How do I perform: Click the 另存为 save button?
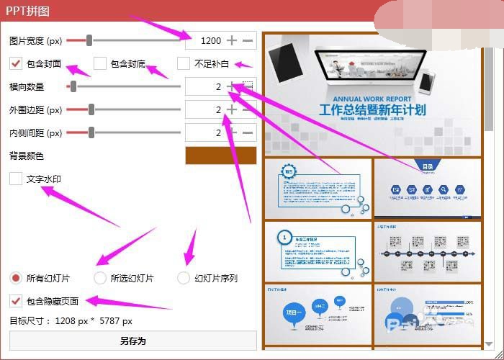coord(132,341)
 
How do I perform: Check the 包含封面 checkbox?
coord(16,63)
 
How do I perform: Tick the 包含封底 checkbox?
coord(100,63)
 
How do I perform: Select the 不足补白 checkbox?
coord(184,63)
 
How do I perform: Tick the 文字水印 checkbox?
coord(16,179)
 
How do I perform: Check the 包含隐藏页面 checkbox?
coord(16,300)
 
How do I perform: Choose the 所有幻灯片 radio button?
coord(16,278)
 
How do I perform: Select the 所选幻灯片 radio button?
coord(100,278)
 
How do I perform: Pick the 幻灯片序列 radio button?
coord(184,278)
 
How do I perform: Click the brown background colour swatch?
coord(220,156)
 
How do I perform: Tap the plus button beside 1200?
coord(232,41)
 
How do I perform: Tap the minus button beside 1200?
coord(248,41)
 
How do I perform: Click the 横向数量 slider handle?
coord(73,87)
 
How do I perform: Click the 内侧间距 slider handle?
coord(91,132)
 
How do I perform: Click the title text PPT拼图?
coord(27,11)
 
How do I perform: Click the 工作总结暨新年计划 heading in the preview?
coord(372,110)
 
